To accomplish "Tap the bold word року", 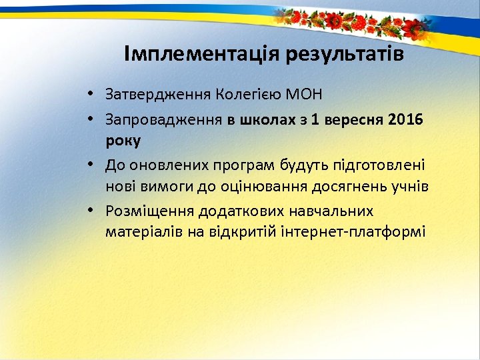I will [x=123, y=141].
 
